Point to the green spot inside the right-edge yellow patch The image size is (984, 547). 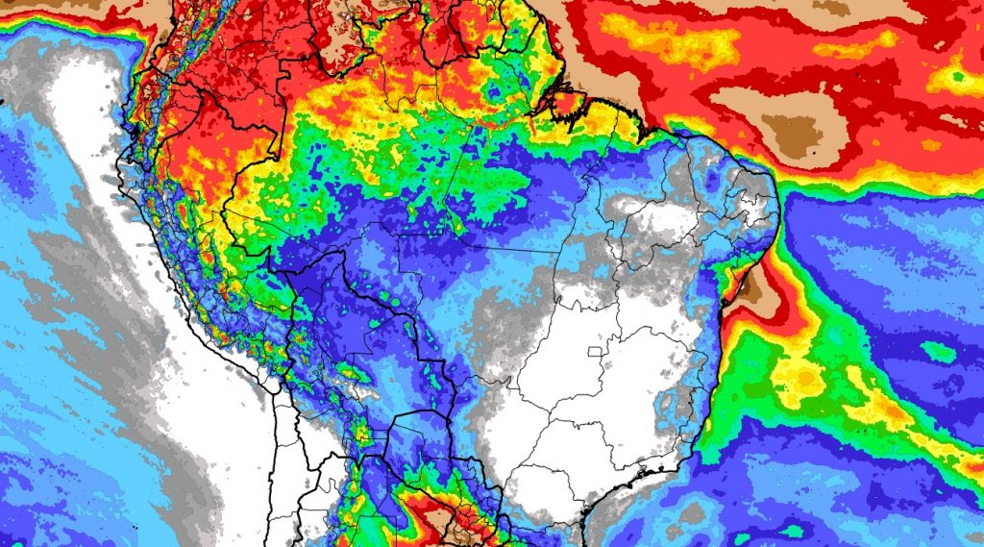(961, 71)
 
